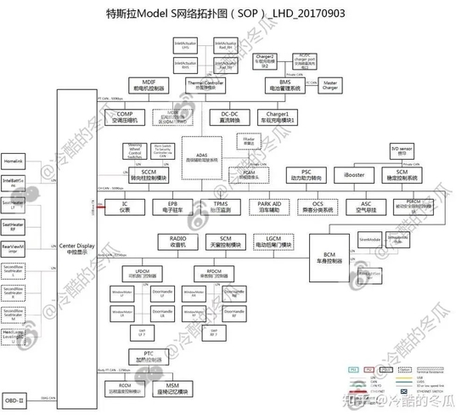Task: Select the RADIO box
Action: (x=177, y=241)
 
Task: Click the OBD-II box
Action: (x=16, y=399)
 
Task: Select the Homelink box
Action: (x=14, y=161)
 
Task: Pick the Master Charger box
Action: (x=330, y=85)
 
